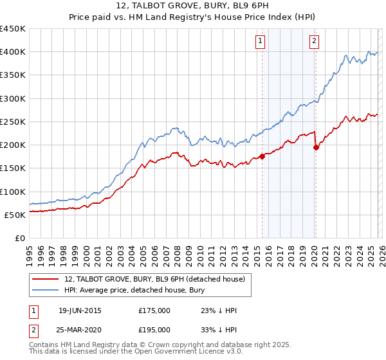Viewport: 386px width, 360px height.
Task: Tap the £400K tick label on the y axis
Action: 13,52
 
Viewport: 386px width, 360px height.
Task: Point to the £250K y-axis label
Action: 13,122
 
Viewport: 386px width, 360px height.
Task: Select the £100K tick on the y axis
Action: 13,192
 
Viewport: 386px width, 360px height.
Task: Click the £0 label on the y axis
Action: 19,239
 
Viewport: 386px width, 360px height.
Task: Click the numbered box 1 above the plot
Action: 261,42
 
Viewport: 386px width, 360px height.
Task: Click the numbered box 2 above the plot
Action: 314,42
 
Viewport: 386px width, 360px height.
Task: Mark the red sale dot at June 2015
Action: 262,156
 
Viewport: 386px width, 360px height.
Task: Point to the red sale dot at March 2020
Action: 316,147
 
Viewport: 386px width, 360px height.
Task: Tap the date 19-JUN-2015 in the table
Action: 80,310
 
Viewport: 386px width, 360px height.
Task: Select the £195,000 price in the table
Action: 154,329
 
